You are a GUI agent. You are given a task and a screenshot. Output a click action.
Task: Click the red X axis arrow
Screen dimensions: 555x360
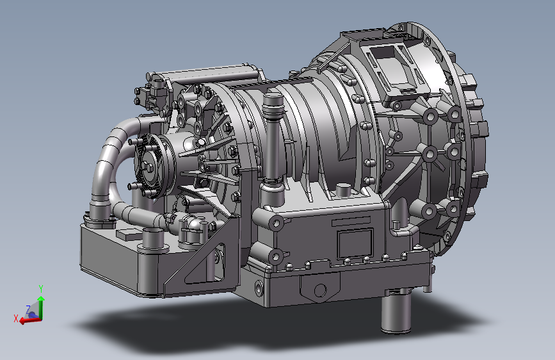click(30, 320)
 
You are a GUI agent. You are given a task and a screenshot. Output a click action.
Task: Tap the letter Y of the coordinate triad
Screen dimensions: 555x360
click(41, 288)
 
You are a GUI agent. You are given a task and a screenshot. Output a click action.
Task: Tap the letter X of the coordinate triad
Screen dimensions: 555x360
click(15, 318)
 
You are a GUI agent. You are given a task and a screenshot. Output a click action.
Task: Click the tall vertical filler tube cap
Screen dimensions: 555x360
click(273, 102)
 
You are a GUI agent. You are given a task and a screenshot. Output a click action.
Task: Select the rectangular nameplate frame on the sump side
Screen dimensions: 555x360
click(355, 244)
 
